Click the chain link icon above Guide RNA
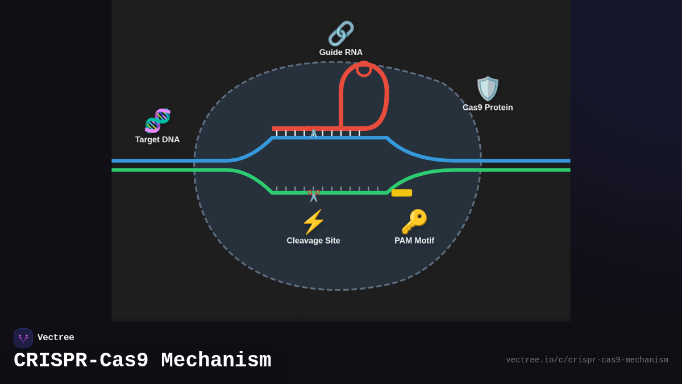pos(341,34)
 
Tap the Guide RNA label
pos(341,52)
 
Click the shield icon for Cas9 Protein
pos(488,88)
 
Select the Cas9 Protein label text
pos(488,108)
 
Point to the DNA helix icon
pos(157,120)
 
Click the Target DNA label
pos(157,139)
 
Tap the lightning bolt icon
pos(313,222)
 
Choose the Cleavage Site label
pos(313,241)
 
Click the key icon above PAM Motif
pos(414,222)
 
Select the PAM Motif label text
pos(414,241)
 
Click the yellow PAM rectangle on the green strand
pos(402,193)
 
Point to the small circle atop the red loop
pos(364,69)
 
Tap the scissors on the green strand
pos(313,195)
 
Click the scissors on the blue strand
pos(313,131)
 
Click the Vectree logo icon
pos(23,338)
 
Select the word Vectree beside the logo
pos(56,338)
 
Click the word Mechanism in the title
pos(216,361)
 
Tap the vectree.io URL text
pos(587,360)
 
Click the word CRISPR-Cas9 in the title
pos(81,361)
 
